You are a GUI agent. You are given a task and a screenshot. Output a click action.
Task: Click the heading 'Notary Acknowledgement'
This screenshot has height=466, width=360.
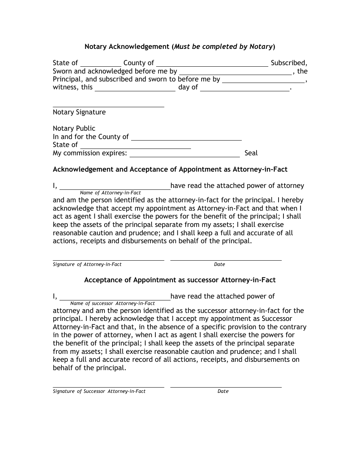[127, 47]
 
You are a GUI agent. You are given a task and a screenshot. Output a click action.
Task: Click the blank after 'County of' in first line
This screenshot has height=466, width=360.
[212, 64]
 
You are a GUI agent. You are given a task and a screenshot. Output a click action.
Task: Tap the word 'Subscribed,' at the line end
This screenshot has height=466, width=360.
[289, 63]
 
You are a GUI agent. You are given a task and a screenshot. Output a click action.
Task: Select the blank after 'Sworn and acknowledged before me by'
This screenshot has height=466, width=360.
[235, 72]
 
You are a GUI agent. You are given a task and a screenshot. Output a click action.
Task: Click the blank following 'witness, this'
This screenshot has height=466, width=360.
[135, 88]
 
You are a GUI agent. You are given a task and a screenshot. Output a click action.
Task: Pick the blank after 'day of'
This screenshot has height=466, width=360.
[244, 88]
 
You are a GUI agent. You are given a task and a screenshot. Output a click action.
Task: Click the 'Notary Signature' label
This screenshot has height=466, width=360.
[79, 112]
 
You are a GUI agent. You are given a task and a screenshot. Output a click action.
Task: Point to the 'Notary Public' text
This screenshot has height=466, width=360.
[74, 128]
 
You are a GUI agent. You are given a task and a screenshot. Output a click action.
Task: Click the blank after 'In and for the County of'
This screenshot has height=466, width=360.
[186, 138]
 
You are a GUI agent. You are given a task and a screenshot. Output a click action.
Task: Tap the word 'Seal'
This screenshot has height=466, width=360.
[251, 153]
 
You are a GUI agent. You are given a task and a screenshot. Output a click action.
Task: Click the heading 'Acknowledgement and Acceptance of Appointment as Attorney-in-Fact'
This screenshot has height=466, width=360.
[170, 169]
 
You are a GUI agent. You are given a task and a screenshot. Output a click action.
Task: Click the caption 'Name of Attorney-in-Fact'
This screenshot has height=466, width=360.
[110, 193]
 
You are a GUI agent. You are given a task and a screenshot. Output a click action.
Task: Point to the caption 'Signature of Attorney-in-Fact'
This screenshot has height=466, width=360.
[87, 264]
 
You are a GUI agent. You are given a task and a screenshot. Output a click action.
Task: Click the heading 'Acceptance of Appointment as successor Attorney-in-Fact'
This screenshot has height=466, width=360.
[180, 280]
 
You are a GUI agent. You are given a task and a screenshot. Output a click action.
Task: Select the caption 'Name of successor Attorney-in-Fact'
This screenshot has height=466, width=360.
[113, 303]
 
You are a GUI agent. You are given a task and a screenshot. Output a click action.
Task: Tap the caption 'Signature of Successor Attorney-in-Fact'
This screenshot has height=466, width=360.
[99, 391]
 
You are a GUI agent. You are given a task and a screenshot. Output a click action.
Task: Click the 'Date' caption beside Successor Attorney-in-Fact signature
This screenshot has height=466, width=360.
[223, 391]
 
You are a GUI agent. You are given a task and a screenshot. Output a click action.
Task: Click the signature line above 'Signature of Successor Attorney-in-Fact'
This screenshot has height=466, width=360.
[108, 386]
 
